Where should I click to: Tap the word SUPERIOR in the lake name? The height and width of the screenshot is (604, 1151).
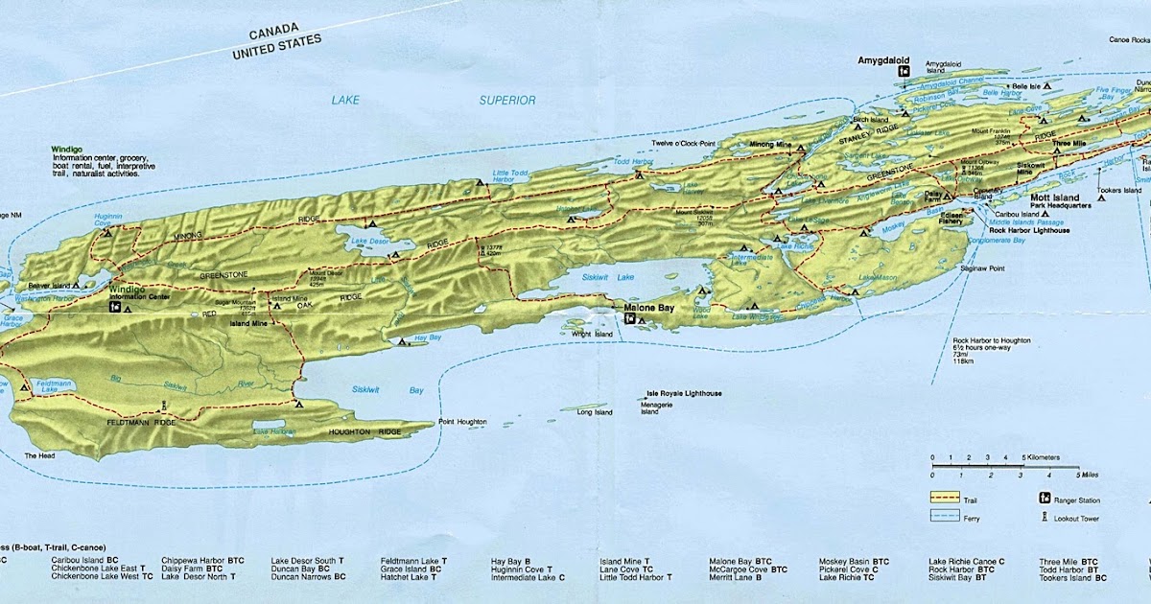507,100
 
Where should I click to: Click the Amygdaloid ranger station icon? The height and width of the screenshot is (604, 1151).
903,71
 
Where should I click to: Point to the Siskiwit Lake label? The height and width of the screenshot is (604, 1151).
609,277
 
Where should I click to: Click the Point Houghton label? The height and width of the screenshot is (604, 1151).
462,423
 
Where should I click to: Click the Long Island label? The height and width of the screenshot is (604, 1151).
594,413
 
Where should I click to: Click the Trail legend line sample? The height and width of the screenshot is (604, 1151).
945,499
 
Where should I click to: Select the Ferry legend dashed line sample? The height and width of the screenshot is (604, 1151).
945,518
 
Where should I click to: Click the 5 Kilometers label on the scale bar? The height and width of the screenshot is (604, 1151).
1043,457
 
